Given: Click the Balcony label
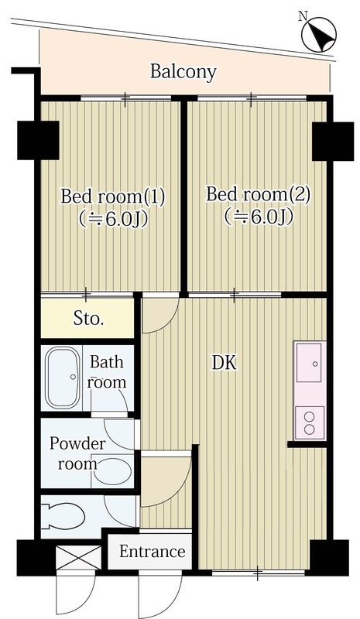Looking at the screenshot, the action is coord(183,73).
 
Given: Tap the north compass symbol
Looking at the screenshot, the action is coord(318,34).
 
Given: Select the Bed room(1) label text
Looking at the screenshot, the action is coord(112,197).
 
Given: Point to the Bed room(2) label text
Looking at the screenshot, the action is coord(259,195).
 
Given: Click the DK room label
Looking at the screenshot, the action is coord(225,363).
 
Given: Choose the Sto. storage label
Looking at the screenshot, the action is coord(88,319).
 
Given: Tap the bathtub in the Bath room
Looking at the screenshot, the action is coord(61,378).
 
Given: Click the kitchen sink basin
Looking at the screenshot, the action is coord(309,362).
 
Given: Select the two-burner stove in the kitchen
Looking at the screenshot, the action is coord(310,422).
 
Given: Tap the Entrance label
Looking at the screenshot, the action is coord(153,552).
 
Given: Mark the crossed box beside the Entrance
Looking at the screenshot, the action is coord(79,557).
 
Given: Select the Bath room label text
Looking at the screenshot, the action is coord(107,372).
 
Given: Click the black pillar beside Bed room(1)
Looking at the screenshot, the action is coord(38,140).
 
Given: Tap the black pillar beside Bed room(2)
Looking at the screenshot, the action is coord(333,142).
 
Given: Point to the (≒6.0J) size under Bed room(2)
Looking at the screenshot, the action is coord(259,217).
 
